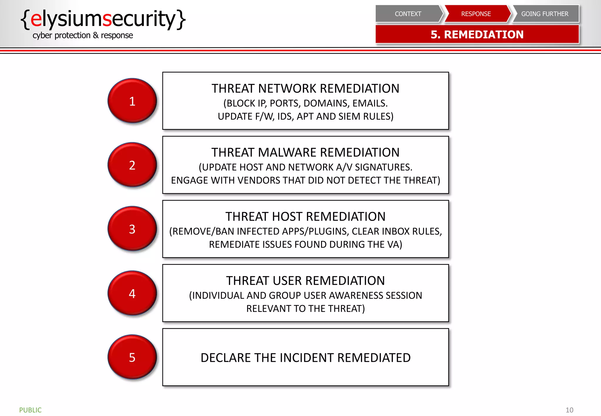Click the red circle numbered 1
[x=132, y=101]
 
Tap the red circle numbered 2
[x=132, y=165]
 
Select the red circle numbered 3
[x=132, y=229]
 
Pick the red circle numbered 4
[x=132, y=293]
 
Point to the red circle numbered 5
[x=132, y=357]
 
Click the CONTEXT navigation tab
[x=408, y=14]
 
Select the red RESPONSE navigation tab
[x=476, y=14]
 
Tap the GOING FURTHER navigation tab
[x=545, y=14]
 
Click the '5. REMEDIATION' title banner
[x=477, y=34]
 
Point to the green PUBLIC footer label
[x=30, y=410]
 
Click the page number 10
[x=569, y=410]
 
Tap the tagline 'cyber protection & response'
[x=83, y=35]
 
